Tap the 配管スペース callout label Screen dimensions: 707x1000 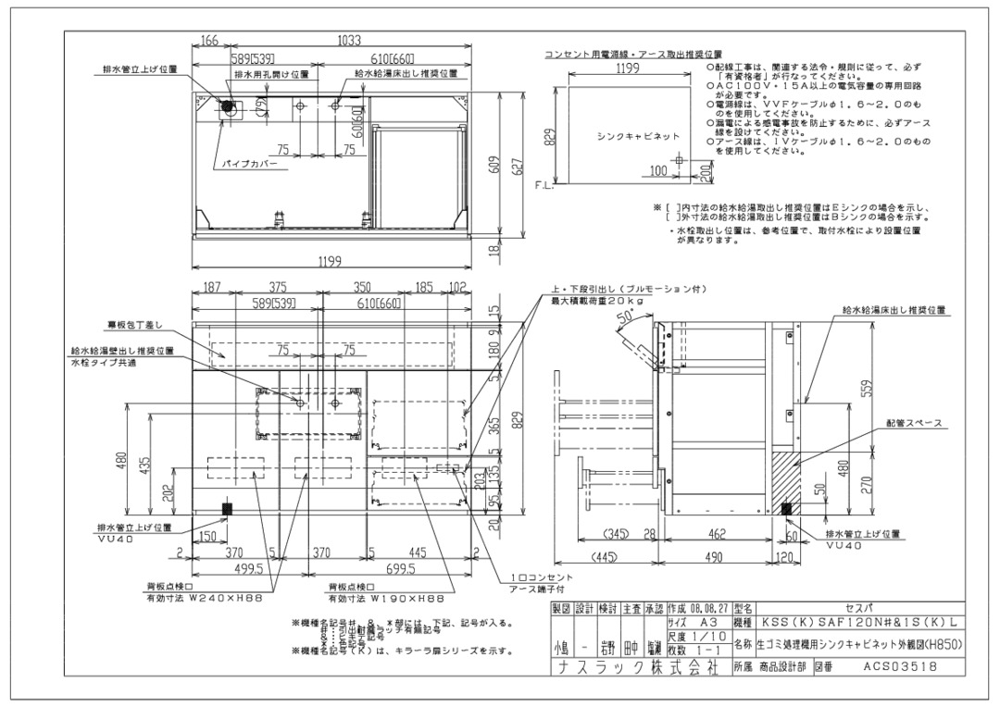coord(913,423)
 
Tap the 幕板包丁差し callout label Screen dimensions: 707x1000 coord(133,325)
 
